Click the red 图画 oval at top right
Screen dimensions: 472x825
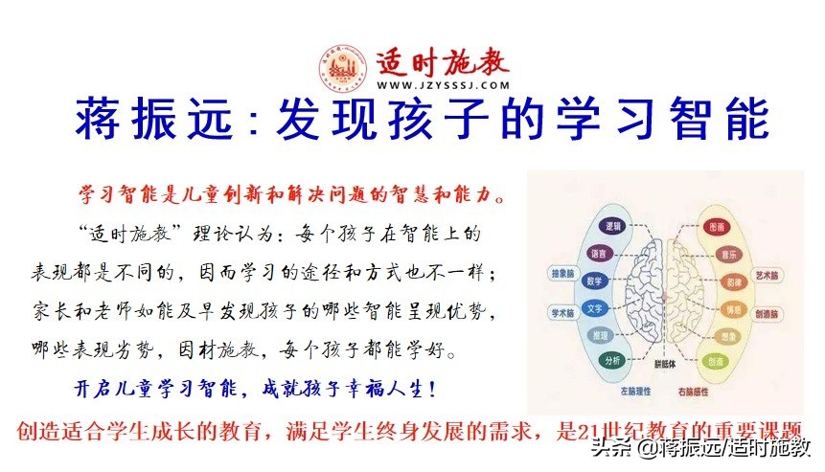(x=715, y=227)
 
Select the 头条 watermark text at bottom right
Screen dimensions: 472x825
(x=610, y=446)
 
